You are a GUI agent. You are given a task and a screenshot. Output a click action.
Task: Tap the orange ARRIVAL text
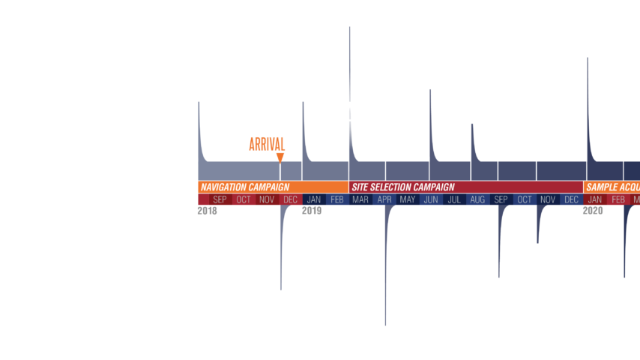[267, 144]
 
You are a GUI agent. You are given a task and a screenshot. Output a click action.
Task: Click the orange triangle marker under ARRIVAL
[280, 157]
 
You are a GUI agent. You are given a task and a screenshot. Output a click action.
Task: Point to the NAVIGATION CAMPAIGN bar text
[244, 187]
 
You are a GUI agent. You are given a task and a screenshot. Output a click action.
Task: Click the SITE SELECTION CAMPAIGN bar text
[403, 187]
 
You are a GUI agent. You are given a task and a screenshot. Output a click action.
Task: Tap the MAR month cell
[360, 199]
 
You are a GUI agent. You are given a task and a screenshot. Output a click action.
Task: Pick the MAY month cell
[408, 199]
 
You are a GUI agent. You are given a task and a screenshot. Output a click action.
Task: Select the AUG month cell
[477, 199]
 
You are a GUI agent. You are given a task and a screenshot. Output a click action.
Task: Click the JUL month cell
[454, 199]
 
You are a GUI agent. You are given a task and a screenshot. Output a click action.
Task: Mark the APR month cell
[384, 199]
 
